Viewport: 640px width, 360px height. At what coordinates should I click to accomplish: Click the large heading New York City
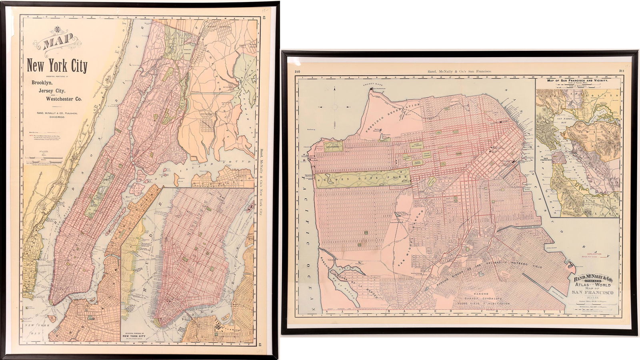(57, 65)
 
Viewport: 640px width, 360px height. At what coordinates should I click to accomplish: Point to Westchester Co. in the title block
(61, 99)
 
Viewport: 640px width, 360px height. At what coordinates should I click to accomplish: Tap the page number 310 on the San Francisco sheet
(297, 72)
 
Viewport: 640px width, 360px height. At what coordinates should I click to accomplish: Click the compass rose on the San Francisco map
(335, 107)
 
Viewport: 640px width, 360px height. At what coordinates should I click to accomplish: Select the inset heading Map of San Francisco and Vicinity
(577, 80)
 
